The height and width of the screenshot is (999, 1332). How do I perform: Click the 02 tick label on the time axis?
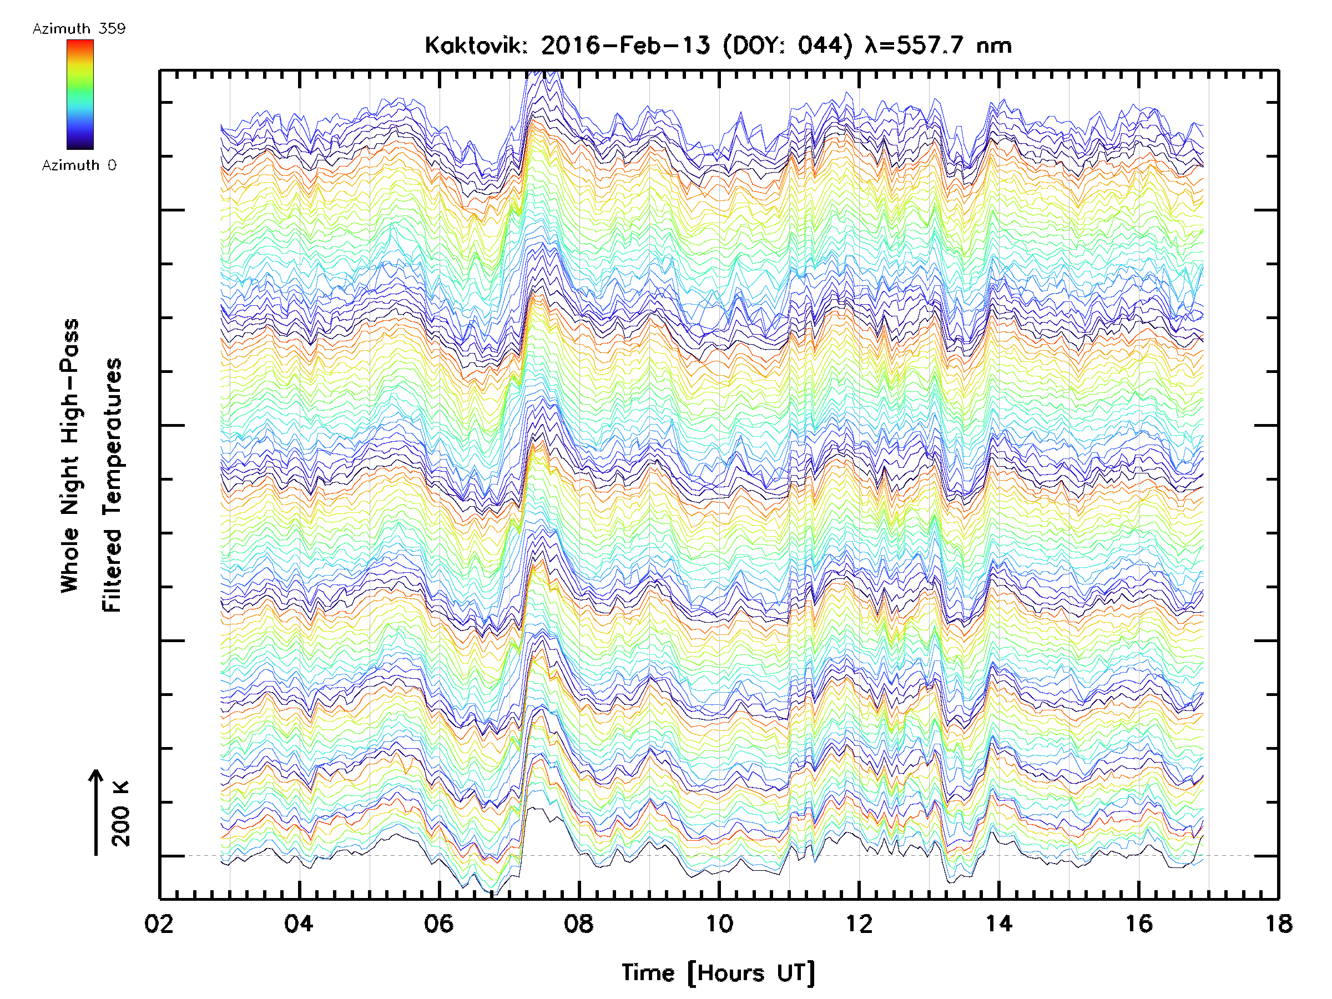[159, 923]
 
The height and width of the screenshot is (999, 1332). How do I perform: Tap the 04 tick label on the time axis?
[299, 923]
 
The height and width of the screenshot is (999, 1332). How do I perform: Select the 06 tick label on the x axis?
[438, 923]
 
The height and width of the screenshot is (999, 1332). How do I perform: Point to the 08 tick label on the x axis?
[579, 923]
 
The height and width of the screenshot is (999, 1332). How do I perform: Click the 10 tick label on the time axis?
[719, 923]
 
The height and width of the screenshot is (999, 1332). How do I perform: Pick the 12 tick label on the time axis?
[859, 923]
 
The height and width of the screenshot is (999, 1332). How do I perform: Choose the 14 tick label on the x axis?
[999, 923]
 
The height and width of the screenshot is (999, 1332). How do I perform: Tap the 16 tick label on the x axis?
[1139, 923]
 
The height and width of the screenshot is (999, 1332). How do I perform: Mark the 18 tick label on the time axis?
[1278, 923]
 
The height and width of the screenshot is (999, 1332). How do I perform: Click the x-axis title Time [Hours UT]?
[718, 972]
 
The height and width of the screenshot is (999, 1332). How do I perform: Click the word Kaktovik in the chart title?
[476, 45]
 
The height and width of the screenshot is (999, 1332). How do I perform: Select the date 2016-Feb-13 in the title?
[625, 45]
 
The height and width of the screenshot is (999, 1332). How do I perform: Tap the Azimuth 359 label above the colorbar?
[79, 28]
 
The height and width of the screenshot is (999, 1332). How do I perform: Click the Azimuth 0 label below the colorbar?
[79, 165]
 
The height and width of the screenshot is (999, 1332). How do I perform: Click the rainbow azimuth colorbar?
[80, 94]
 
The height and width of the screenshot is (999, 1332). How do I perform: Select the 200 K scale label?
[121, 813]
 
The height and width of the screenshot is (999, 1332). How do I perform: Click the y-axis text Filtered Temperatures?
[112, 485]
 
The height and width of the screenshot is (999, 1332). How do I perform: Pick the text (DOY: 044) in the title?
[788, 45]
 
